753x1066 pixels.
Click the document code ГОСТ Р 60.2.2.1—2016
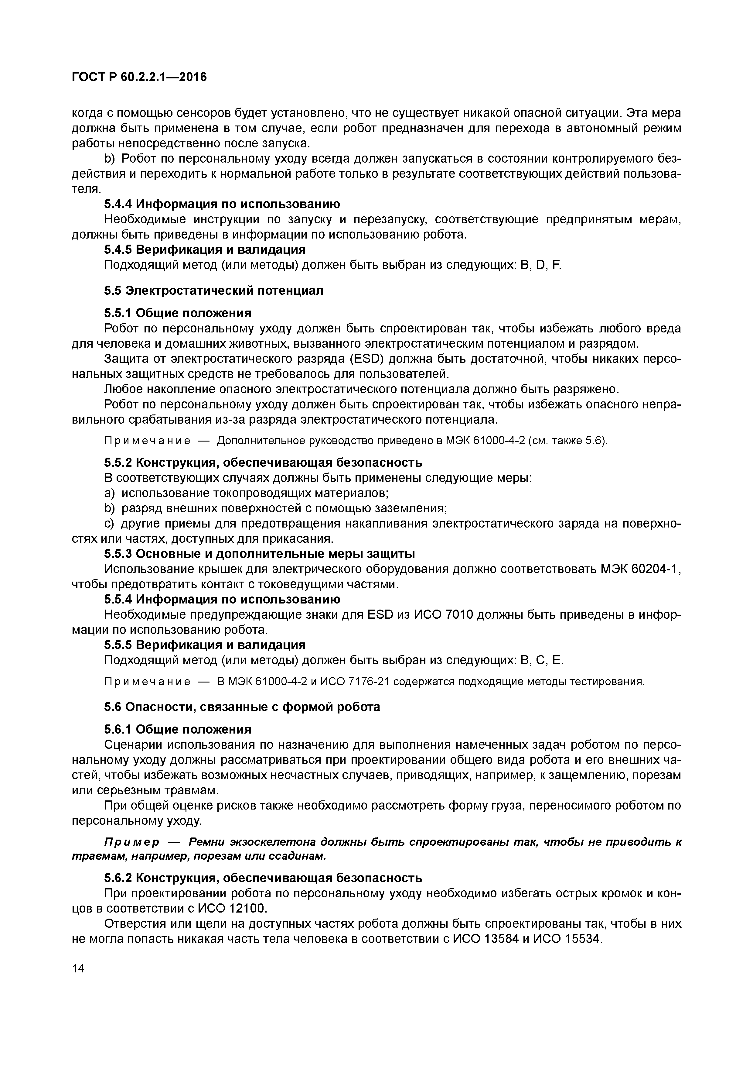[x=139, y=77]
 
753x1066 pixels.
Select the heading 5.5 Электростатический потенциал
[x=213, y=290]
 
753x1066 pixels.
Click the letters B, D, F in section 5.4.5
[x=541, y=265]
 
